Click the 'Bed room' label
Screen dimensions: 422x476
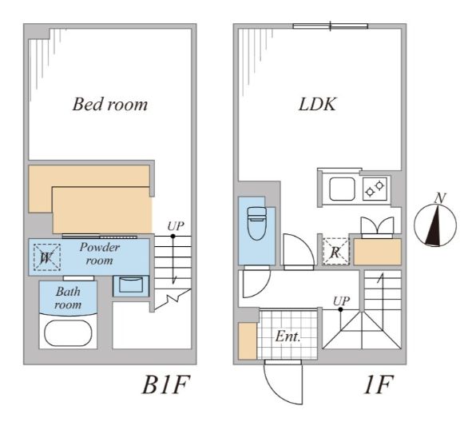click(x=110, y=104)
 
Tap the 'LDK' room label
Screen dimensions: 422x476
click(x=317, y=104)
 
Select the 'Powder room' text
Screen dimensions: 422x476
click(x=100, y=253)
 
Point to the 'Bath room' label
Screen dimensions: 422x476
click(x=67, y=298)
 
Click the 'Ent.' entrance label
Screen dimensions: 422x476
click(x=288, y=336)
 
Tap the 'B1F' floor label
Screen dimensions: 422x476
click(x=165, y=386)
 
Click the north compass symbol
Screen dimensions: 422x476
click(x=435, y=226)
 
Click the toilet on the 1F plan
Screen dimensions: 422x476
click(x=256, y=225)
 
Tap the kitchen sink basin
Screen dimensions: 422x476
click(x=342, y=190)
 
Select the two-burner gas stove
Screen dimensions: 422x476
click(x=374, y=190)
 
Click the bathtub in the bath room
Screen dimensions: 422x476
click(x=69, y=332)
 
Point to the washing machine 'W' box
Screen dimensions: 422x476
click(x=46, y=257)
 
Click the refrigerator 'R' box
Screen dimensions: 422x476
click(x=335, y=251)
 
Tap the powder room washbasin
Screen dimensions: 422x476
click(x=129, y=284)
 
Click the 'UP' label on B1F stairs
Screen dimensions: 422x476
click(x=175, y=226)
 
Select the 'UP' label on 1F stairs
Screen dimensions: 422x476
click(x=341, y=301)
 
